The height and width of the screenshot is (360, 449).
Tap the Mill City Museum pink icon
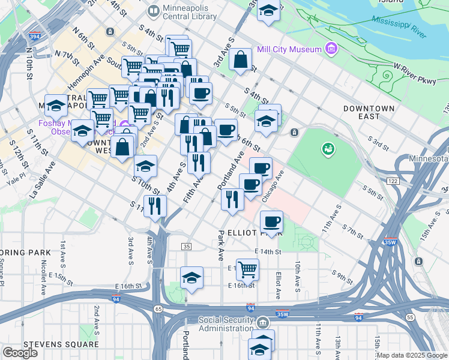[x=330, y=48]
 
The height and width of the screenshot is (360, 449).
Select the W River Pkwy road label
[x=415, y=74]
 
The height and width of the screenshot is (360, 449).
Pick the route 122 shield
[x=393, y=181]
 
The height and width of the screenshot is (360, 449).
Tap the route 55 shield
[x=410, y=316]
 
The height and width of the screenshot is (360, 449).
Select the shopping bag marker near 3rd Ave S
[x=240, y=60]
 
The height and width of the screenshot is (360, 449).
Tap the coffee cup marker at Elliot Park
[x=271, y=221]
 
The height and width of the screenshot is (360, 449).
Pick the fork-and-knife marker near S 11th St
[x=155, y=206]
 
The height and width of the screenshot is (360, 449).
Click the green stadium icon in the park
[x=328, y=148]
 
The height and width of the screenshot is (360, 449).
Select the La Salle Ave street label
[x=42, y=179]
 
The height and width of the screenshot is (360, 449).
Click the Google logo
[x=20, y=353]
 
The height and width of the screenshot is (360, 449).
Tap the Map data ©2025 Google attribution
[x=412, y=355]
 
